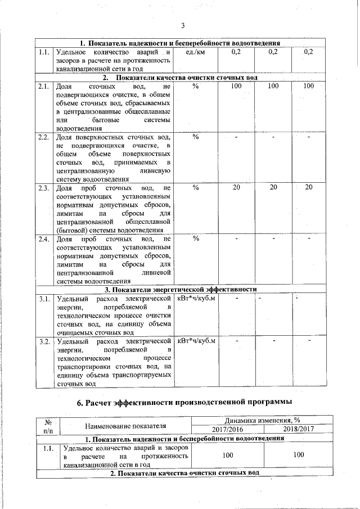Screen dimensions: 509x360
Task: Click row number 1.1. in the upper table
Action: pyautogui.click(x=44, y=52)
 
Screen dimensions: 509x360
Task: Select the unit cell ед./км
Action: pyautogui.click(x=195, y=52)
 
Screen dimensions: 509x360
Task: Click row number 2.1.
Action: pyautogui.click(x=44, y=87)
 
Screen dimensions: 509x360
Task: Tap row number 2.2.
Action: pyautogui.click(x=44, y=137)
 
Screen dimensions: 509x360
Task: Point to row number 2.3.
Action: pyautogui.click(x=44, y=188)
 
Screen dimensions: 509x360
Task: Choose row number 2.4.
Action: pyautogui.click(x=44, y=239)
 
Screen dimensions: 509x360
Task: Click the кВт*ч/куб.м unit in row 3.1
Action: pyautogui.click(x=197, y=298)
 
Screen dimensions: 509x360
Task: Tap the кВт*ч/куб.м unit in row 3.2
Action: pyautogui.click(x=197, y=341)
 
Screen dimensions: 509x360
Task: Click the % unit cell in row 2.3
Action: pyautogui.click(x=195, y=188)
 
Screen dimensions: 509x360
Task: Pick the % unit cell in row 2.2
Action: pyautogui.click(x=195, y=137)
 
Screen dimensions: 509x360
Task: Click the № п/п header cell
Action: pyautogui.click(x=48, y=425)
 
